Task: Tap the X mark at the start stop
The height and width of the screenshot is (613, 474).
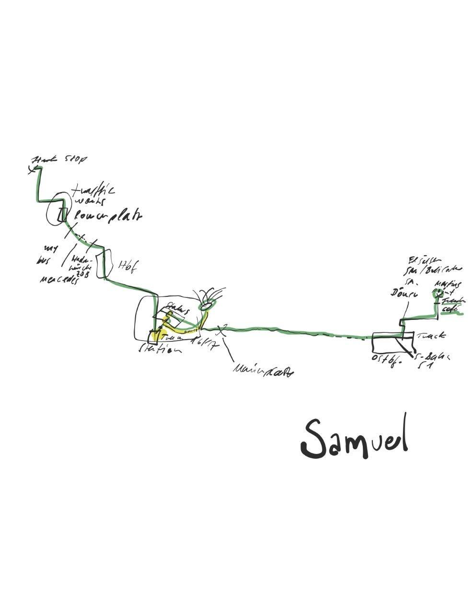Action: point(32,169)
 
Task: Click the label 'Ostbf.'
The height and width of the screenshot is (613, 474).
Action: point(386,359)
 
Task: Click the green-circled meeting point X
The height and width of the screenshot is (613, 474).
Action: point(437,295)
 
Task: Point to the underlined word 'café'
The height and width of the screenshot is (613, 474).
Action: point(450,309)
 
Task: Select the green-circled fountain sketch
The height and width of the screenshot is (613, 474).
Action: point(208,303)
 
